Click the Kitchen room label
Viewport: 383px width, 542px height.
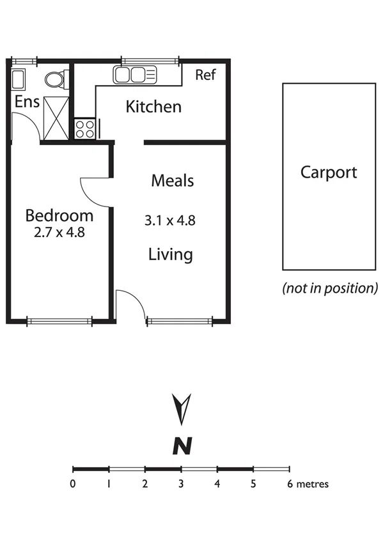153,106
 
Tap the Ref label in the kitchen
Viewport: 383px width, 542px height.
205,75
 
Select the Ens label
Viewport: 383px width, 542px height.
26,101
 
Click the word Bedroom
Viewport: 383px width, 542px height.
59,215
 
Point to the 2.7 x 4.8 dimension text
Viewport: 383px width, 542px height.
59,232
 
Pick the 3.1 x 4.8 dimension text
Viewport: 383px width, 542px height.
169,221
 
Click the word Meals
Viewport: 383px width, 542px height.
172,181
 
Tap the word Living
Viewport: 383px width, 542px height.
171,254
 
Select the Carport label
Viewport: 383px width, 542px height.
329,172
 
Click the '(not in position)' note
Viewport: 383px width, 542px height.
331,288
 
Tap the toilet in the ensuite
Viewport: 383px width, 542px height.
55,80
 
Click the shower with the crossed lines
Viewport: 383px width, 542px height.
55,118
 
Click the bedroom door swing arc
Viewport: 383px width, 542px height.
95,192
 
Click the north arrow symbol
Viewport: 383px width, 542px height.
182,409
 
